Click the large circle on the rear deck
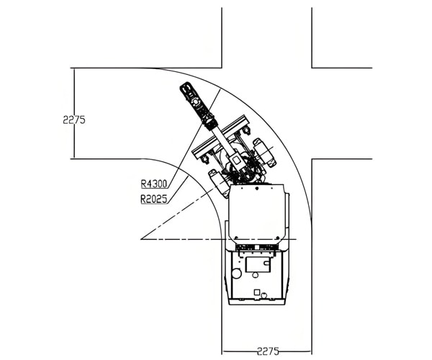pos(235,274)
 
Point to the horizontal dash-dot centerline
pos(180,238)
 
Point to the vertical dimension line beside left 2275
pos(72,94)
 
